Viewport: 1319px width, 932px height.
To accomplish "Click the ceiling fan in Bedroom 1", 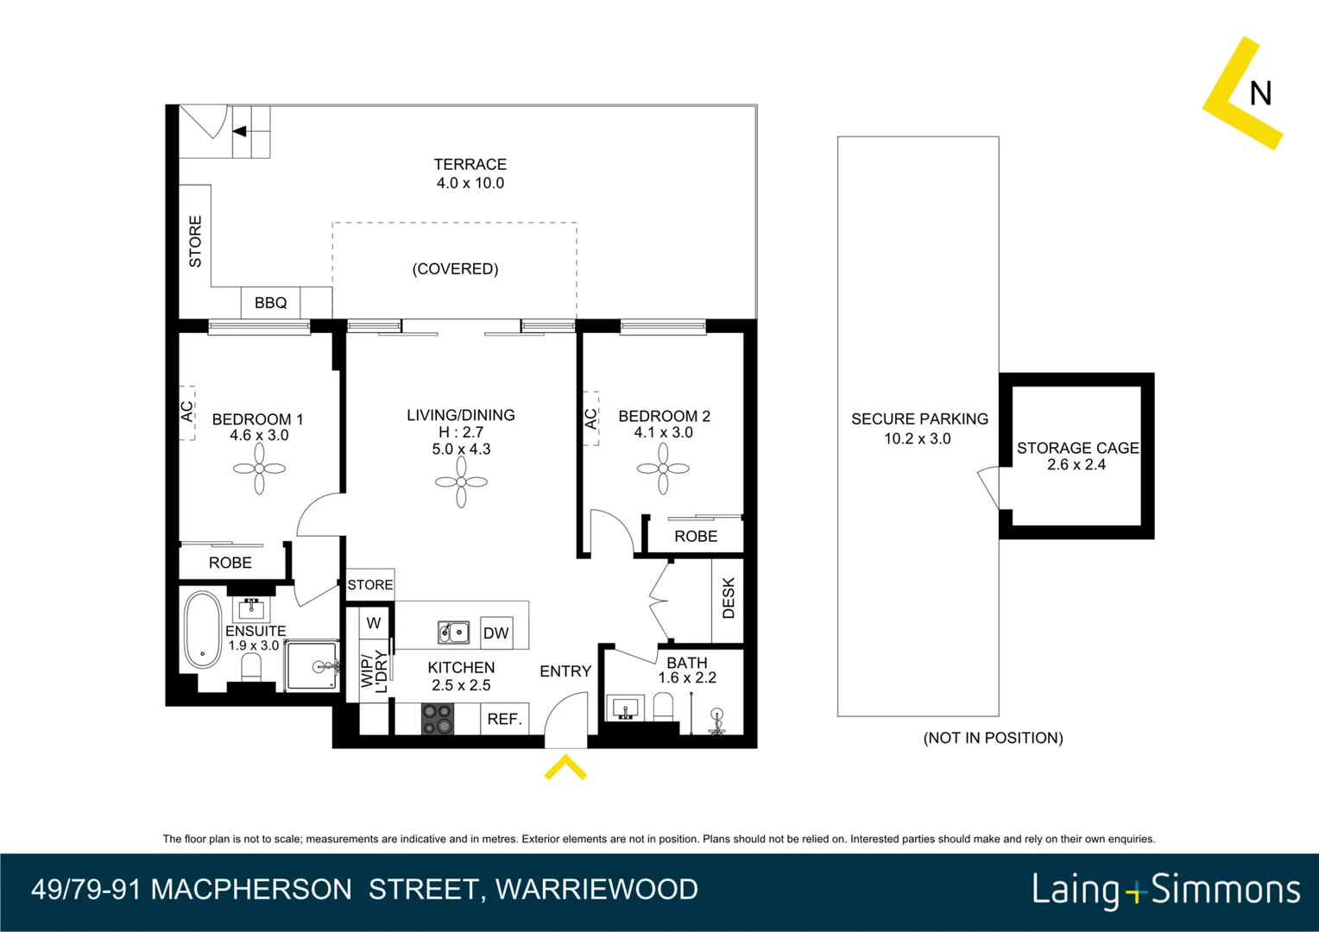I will pyautogui.click(x=259, y=469).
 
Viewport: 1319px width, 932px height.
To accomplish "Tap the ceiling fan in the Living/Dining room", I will pyautogui.click(x=461, y=482).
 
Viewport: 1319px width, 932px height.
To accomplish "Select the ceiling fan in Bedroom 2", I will pyautogui.click(x=663, y=469).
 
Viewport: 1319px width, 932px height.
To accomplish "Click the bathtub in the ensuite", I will pyautogui.click(x=203, y=629).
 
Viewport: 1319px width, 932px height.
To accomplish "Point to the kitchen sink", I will pyautogui.click(x=453, y=633).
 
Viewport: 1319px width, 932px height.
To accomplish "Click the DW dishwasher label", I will pyautogui.click(x=495, y=633).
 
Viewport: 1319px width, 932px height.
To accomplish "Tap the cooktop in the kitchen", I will pyautogui.click(x=438, y=719).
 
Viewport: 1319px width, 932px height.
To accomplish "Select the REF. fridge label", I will pyautogui.click(x=504, y=719).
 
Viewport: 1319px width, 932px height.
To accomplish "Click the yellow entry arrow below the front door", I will pyautogui.click(x=565, y=767).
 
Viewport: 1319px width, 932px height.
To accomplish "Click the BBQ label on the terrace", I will pyautogui.click(x=270, y=303).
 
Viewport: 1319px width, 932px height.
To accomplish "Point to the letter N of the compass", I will pyautogui.click(x=1260, y=93).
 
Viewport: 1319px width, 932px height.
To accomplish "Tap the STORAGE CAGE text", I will pyautogui.click(x=1077, y=448).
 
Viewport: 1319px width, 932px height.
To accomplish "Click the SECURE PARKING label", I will pyautogui.click(x=919, y=419).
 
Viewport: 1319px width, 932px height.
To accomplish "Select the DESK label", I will pyautogui.click(x=728, y=598).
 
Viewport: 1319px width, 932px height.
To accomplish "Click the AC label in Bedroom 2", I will pyautogui.click(x=590, y=419).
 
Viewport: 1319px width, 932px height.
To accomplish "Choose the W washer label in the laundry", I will pyautogui.click(x=373, y=623).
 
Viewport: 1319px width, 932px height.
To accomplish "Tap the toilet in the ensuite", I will pyautogui.click(x=251, y=667).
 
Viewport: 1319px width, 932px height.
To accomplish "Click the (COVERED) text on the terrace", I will pyautogui.click(x=455, y=269).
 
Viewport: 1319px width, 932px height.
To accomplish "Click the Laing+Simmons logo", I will pyautogui.click(x=1165, y=890).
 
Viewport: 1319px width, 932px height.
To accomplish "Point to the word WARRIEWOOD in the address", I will pyautogui.click(x=596, y=890).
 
